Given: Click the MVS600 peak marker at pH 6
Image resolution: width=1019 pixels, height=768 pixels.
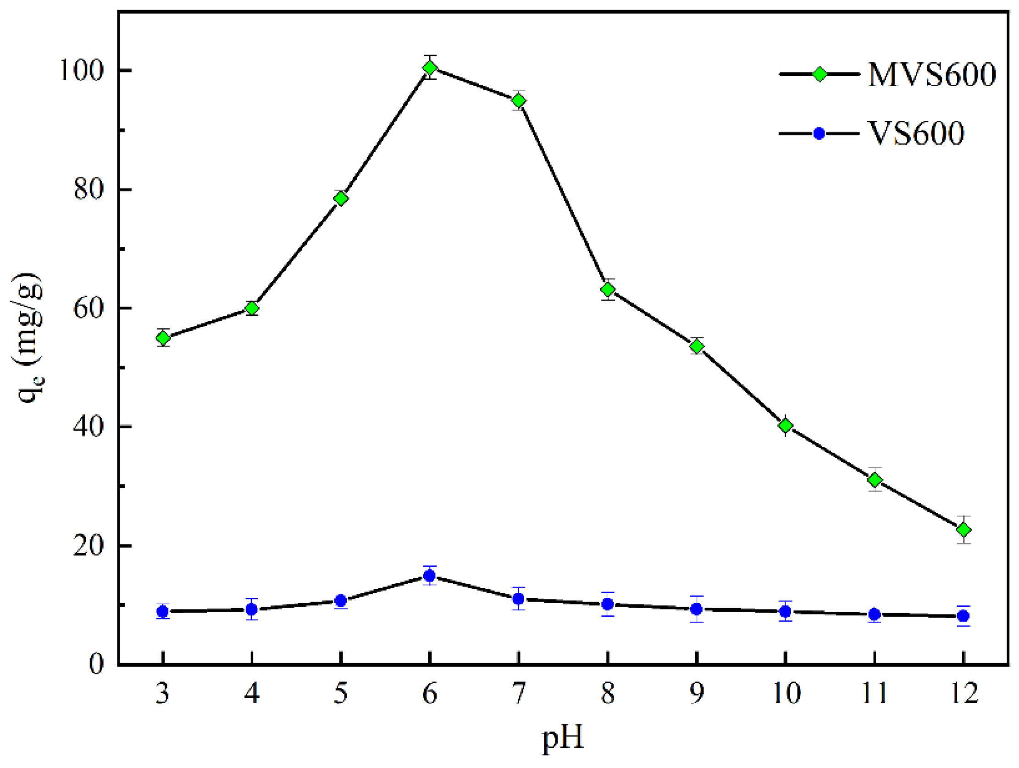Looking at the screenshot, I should pos(430,68).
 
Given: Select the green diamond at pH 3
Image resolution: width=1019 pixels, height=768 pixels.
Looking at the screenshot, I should pos(163,338).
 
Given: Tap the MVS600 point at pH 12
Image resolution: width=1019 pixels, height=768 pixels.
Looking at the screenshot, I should pos(963,530).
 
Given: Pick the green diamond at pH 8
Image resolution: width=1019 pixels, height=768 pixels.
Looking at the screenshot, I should pos(608,290).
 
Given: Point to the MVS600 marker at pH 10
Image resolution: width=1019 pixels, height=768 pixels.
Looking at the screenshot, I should pos(786,426).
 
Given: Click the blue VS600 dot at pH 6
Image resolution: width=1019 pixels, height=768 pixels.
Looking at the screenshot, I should pos(429,576).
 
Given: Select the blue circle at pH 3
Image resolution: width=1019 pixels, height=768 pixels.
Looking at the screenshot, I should pos(163,611).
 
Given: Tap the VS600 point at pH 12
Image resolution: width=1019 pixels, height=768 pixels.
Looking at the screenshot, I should pos(963,616).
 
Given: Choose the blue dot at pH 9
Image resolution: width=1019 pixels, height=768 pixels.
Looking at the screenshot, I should pos(697,609).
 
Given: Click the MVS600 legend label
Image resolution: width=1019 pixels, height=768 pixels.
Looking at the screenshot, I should pos(931,74).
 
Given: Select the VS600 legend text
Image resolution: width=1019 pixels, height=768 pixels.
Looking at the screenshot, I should pos(916,134).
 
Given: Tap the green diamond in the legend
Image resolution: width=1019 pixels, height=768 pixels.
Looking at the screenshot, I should pos(820,74).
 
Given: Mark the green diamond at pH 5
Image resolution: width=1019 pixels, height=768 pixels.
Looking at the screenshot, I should pos(341,198).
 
